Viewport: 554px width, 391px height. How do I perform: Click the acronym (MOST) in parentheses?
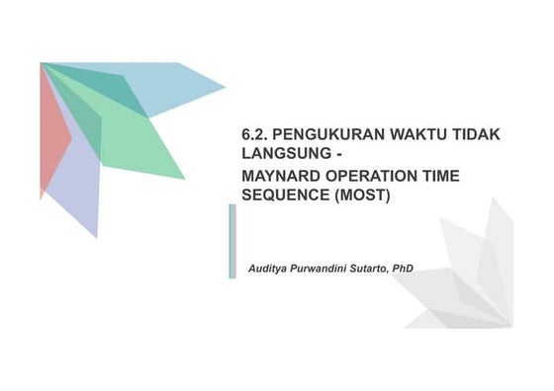click(362, 195)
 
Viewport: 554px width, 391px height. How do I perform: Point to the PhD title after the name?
click(403, 269)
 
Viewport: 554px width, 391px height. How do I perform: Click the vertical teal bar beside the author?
click(232, 241)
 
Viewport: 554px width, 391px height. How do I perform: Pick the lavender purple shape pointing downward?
click(79, 193)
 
